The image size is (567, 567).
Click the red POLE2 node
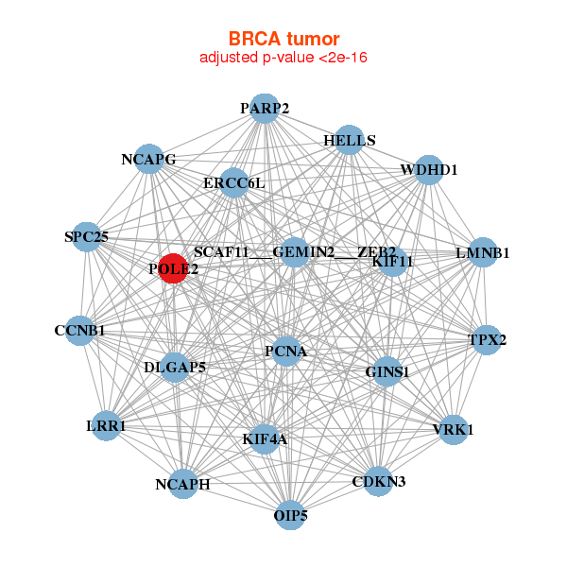click(x=173, y=268)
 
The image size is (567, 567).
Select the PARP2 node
click(x=264, y=109)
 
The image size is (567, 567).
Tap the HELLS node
click(x=349, y=140)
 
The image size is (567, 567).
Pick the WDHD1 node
click(x=429, y=170)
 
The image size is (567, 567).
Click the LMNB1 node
click(x=483, y=252)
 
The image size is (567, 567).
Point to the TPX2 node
click(x=486, y=340)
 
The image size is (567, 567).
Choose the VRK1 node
click(x=454, y=429)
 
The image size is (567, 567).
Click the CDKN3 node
click(x=378, y=481)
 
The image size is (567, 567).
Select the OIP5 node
click(x=291, y=515)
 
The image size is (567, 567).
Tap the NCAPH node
click(x=183, y=484)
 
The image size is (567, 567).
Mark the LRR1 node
click(x=107, y=427)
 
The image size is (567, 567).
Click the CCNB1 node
click(x=80, y=331)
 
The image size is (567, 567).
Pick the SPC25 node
click(x=86, y=236)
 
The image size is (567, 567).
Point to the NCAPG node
click(x=148, y=159)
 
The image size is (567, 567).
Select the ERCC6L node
click(x=233, y=182)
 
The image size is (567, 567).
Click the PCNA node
click(x=286, y=352)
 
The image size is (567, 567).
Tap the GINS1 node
click(x=387, y=371)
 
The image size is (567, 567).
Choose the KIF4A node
click(x=265, y=438)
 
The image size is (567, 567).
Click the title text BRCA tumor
click(x=283, y=39)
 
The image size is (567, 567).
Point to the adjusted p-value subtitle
click(x=283, y=58)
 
